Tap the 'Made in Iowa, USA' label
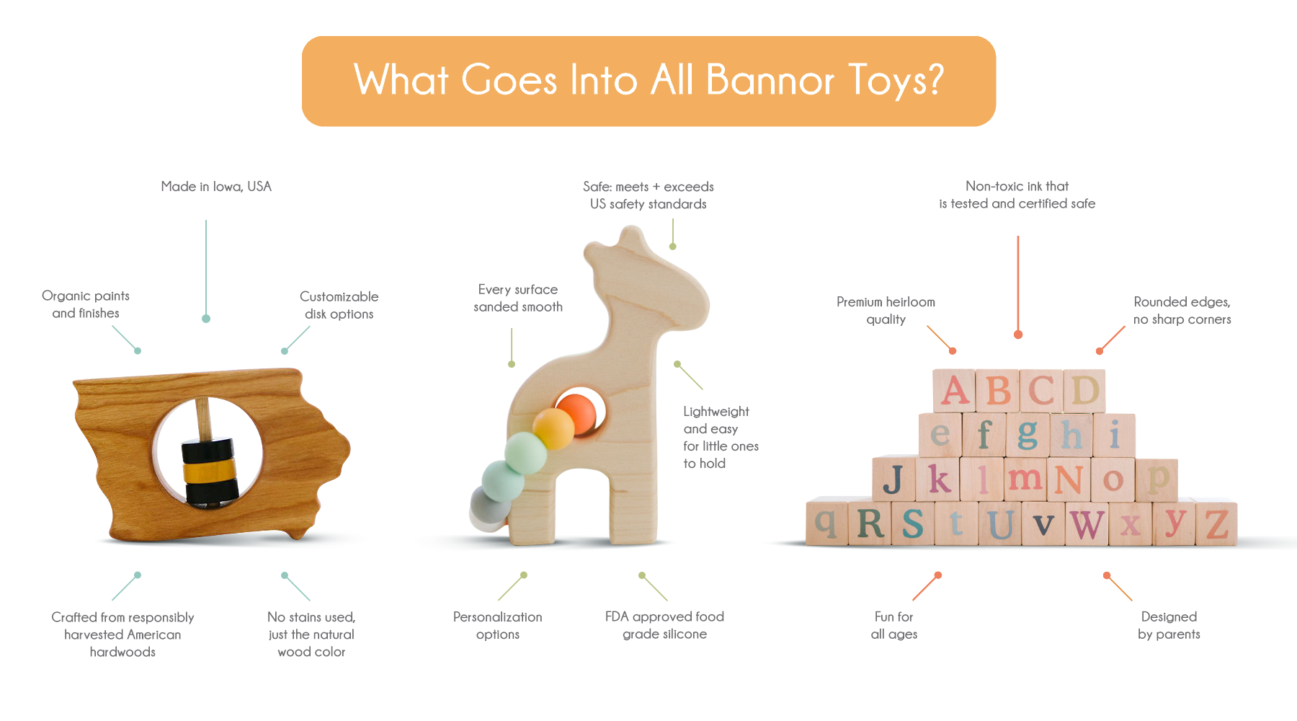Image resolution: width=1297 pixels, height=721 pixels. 216,187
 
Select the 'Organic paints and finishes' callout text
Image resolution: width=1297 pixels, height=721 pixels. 86,304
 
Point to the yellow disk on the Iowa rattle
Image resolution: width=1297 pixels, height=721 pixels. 210,472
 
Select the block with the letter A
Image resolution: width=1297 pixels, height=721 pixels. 954,392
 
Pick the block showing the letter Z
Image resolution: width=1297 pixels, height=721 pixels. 1216,523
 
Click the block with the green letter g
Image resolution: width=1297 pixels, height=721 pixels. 1028,435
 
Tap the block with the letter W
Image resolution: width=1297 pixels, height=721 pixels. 1087,523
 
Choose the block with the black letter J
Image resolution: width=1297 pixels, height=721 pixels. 893,479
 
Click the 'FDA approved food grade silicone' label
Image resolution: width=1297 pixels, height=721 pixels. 664,625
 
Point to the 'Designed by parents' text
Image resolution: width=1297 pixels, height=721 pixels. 1169,625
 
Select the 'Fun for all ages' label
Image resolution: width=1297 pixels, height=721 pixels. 893,625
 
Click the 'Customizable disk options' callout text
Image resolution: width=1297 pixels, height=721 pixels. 339,305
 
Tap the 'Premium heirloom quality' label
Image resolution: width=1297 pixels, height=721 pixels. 886,310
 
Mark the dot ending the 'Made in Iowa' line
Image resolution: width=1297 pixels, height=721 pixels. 206,319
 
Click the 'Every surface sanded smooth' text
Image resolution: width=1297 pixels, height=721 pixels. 518,298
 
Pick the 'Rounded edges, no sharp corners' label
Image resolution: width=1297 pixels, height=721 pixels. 1182,310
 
